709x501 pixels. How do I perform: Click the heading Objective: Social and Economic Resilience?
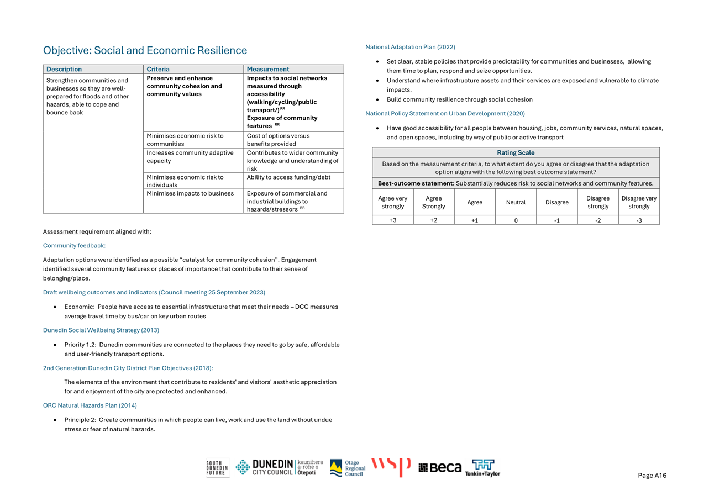145,51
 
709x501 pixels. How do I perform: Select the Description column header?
64,70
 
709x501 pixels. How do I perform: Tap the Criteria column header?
158,70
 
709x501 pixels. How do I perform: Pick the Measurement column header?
268,70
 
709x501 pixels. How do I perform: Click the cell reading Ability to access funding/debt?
287,177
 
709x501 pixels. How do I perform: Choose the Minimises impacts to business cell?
190,193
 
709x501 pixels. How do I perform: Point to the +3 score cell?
392,220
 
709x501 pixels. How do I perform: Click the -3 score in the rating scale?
639,220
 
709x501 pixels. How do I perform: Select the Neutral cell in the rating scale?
516,202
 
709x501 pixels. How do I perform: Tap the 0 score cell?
516,220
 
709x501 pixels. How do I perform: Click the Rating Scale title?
516,153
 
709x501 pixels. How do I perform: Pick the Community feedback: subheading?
74,246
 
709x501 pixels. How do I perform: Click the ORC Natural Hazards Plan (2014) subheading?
90,405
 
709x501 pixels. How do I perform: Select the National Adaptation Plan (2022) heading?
410,47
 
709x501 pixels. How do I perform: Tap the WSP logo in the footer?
391,467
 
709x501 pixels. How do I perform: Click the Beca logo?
440,468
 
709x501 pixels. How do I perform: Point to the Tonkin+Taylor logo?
482,468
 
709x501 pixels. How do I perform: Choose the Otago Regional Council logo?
348,468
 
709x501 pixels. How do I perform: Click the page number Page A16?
652,476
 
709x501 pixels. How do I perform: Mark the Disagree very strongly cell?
639,202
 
